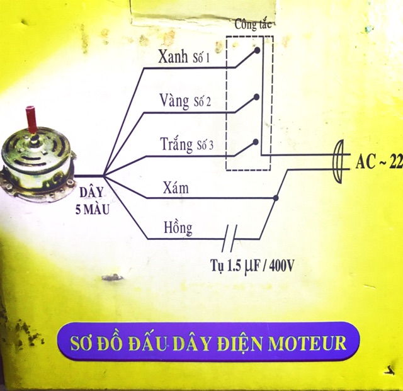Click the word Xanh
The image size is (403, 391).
click(x=173, y=57)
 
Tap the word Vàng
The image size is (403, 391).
click(x=174, y=100)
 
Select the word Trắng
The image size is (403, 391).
click(x=176, y=145)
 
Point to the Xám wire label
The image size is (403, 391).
click(x=175, y=188)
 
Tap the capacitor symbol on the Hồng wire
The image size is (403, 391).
click(x=231, y=239)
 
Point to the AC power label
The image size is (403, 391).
click(x=378, y=162)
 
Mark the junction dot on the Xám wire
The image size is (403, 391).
click(x=276, y=198)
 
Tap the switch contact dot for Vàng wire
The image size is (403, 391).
click(x=256, y=97)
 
